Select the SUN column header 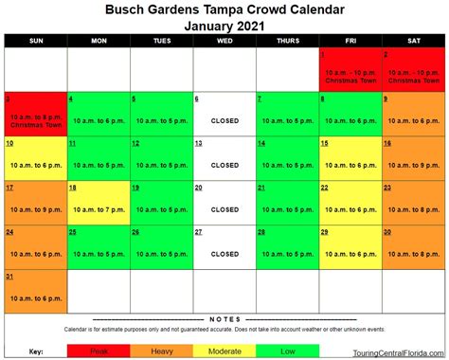36,41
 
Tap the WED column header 224,41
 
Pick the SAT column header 413,41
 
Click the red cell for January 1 350,69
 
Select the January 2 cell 413,69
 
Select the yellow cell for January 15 350,158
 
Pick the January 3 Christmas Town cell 36,115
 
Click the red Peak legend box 98,351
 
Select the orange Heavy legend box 161,351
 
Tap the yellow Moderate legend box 224,351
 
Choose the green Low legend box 287,351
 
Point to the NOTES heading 224,318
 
